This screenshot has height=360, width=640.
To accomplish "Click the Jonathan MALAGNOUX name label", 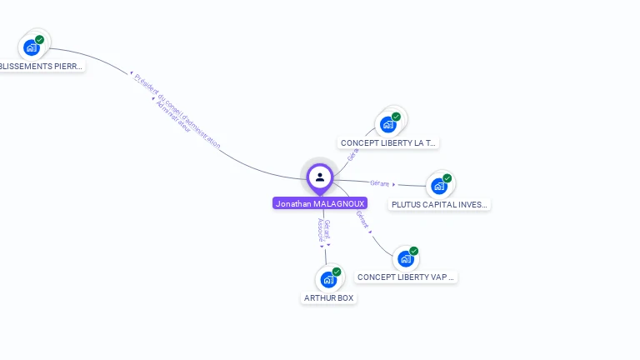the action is [319, 203].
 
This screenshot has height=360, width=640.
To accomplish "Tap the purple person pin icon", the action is [320, 177].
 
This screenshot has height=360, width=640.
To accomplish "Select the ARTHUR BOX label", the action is [328, 297].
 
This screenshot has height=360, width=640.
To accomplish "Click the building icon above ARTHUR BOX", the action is [327, 280].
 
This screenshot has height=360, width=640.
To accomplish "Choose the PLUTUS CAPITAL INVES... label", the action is [439, 204].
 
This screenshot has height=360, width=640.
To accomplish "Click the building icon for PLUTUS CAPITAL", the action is [438, 186].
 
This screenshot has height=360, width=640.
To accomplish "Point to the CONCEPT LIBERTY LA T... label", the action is [387, 143].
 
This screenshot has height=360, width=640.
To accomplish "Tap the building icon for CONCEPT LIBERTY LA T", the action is [387, 125].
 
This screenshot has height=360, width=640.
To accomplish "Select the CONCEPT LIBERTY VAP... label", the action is [406, 277].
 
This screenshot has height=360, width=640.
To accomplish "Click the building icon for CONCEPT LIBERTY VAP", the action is [406, 258].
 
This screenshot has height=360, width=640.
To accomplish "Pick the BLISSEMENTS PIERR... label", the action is [41, 66].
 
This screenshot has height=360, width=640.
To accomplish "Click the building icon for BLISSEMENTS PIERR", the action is [32, 47].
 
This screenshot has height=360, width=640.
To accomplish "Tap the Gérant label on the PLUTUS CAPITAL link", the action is [380, 183].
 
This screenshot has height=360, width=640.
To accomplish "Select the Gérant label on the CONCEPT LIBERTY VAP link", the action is [362, 218].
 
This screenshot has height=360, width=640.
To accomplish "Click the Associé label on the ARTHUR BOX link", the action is [321, 230].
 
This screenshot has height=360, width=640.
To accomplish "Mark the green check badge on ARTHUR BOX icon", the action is [337, 272].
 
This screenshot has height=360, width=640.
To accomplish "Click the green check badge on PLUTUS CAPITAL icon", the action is [447, 178].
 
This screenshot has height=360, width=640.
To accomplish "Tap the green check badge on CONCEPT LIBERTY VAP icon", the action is [414, 251].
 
